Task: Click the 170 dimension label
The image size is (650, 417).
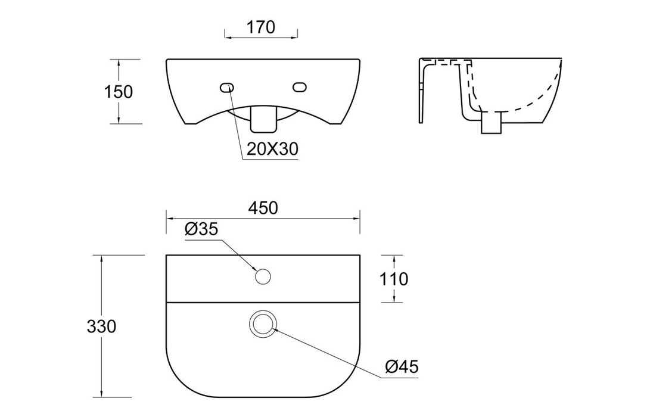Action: point(260,27)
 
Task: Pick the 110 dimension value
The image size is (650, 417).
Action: point(394,279)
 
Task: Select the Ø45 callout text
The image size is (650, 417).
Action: point(402,367)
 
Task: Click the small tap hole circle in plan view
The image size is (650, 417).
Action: point(263,276)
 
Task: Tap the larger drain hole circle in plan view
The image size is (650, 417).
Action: point(263,323)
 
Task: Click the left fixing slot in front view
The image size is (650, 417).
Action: point(226,88)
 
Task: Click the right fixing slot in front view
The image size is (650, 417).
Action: point(300,88)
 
